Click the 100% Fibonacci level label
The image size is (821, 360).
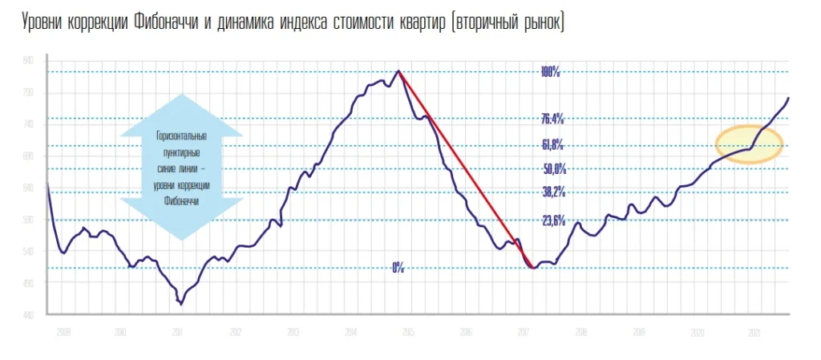click(x=550, y=72)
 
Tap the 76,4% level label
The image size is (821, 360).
click(x=552, y=119)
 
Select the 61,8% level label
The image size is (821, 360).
click(x=552, y=145)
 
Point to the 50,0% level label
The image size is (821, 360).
click(x=555, y=168)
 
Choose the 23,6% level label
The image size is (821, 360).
click(x=554, y=220)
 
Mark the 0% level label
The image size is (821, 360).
click(x=398, y=268)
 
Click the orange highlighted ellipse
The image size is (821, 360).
click(x=749, y=144)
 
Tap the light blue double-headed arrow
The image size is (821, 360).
click(x=181, y=167)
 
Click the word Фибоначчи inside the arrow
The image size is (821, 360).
click(x=181, y=201)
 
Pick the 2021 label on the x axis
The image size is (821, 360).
click(x=754, y=331)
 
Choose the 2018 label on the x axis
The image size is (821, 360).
click(x=580, y=331)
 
